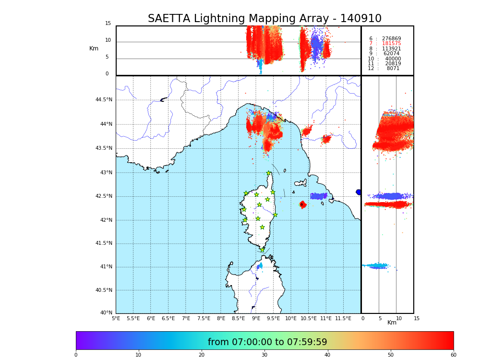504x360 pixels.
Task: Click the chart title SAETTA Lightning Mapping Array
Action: click(264, 19)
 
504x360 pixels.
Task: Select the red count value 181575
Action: click(391, 44)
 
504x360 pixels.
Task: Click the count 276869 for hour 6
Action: click(391, 39)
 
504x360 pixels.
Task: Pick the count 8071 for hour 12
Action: click(393, 69)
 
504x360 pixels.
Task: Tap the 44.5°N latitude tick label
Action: click(104, 100)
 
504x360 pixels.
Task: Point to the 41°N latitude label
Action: click(106, 267)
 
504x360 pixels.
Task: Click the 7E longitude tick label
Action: click(186, 318)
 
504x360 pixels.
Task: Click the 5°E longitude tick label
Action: click(116, 318)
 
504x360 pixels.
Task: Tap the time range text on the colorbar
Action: click(267, 342)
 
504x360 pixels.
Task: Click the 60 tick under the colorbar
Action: click(453, 355)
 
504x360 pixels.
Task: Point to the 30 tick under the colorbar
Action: click(264, 355)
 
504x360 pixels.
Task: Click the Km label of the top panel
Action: click(94, 48)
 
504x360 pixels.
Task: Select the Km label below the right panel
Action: click(392, 323)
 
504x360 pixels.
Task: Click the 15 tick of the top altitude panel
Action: click(108, 24)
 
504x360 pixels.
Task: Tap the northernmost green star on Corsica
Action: click(269, 173)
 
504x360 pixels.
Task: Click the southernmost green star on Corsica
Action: click(263, 250)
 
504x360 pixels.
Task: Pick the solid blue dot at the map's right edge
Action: click(359, 192)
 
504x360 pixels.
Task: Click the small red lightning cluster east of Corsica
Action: click(303, 204)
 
